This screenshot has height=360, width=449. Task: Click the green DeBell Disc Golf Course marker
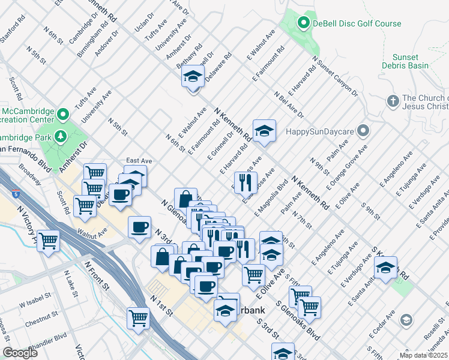pyautogui.click(x=304, y=24)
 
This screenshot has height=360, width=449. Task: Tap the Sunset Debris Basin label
pyautogui.click(x=409, y=61)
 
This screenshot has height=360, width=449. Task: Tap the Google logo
pyautogui.click(x=20, y=353)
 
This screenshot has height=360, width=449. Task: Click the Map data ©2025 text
pyautogui.click(x=424, y=355)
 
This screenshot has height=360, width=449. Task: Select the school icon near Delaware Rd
pyautogui.click(x=193, y=77)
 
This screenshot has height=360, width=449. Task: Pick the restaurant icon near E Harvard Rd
pyautogui.click(x=245, y=183)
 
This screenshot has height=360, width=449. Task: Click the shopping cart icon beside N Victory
pyautogui.click(x=48, y=242)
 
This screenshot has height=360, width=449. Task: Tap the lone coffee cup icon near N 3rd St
pyautogui.click(x=140, y=227)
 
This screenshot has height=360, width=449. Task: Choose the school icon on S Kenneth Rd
pyautogui.click(x=387, y=266)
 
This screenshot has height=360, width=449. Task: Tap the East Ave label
pyautogui.click(x=139, y=161)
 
